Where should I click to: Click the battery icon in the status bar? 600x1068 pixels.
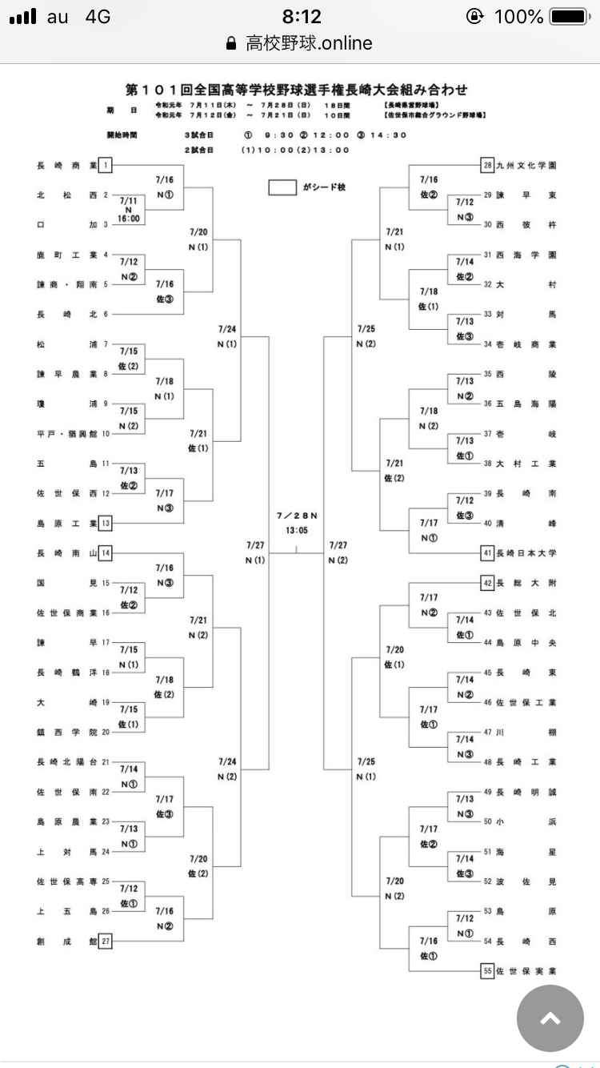click(x=568, y=17)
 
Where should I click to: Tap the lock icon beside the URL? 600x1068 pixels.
click(x=232, y=43)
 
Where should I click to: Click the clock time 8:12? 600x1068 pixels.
click(x=302, y=17)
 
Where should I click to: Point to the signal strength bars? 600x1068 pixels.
click(x=23, y=17)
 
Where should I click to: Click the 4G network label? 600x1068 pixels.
click(x=97, y=17)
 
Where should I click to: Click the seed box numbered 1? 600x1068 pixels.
click(x=106, y=166)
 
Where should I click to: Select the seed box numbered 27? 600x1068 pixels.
click(x=106, y=942)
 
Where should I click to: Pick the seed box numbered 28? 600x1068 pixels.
click(x=487, y=166)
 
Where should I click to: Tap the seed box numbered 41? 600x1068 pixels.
click(x=487, y=553)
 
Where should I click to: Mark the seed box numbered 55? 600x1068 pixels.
click(x=487, y=971)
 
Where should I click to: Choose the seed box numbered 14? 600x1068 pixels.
click(x=106, y=553)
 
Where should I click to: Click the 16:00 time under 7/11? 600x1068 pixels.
click(x=129, y=218)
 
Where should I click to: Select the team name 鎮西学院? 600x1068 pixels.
click(x=66, y=732)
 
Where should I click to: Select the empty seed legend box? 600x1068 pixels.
click(x=282, y=187)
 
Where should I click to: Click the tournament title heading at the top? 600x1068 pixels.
click(x=297, y=90)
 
